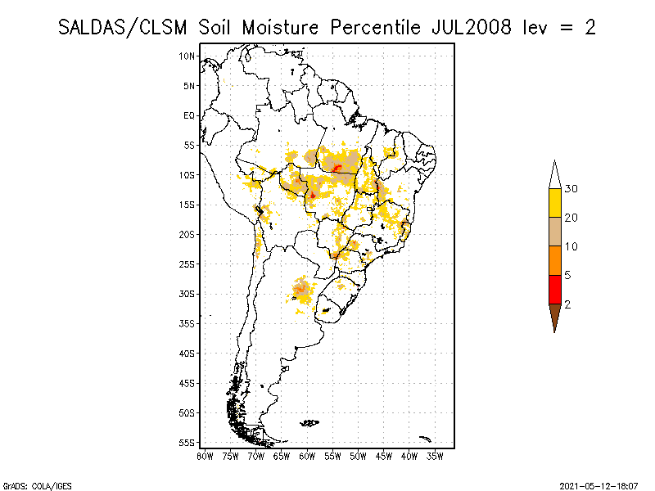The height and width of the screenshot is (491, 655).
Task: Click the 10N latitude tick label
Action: [187, 56]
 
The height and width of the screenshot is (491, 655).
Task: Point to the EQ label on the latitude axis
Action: [189, 115]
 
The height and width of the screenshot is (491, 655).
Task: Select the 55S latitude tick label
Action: [187, 443]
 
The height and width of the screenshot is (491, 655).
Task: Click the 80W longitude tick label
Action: [205, 456]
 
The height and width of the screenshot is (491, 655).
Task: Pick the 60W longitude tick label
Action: [307, 456]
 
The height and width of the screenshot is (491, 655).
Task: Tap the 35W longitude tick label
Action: [435, 456]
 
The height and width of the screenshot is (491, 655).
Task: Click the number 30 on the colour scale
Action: [571, 189]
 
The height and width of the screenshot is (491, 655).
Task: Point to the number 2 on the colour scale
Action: [567, 304]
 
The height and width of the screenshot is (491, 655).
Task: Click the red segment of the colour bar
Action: [554, 290]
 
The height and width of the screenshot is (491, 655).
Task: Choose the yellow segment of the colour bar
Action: [554, 203]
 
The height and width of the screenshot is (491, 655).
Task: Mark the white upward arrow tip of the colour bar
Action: [554, 174]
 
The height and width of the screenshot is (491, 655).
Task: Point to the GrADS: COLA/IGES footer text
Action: [30, 485]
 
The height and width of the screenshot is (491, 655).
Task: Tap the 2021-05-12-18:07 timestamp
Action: [599, 485]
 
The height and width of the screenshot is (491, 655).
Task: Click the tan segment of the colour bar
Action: [554, 232]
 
